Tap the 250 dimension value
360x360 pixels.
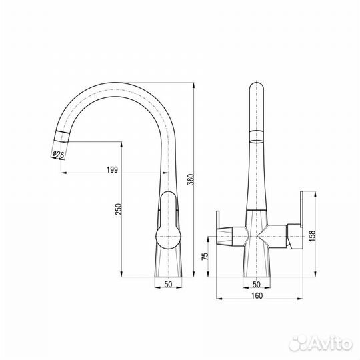point(119,209)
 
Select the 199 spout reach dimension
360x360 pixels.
point(112,170)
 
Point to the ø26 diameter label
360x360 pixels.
point(58,154)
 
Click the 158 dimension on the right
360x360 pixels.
point(313,236)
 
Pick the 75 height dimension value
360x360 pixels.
point(205,256)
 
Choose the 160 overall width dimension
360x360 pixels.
point(257,296)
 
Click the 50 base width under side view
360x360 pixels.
point(168,285)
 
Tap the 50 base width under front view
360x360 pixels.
point(257,285)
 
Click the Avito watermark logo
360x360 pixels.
point(321,343)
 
